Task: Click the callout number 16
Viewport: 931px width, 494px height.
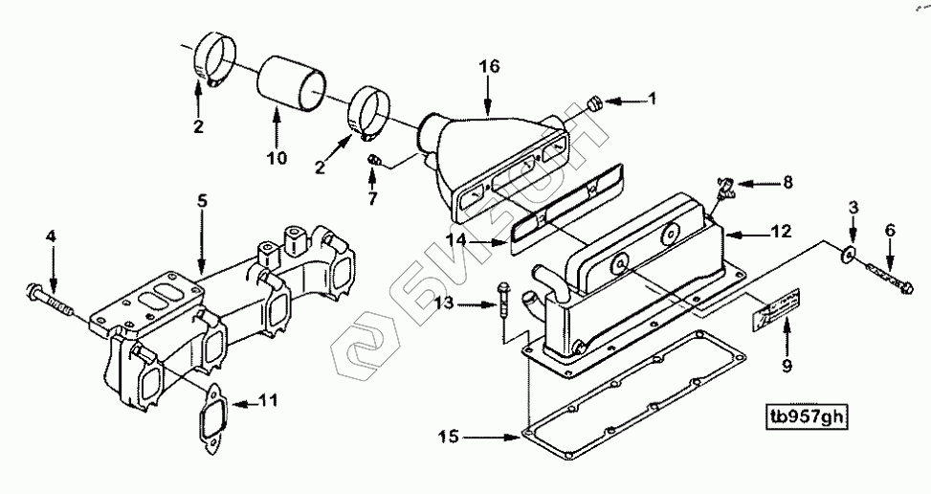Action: [489, 66]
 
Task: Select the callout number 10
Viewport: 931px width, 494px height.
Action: [277, 158]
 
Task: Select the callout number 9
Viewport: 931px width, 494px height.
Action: [787, 364]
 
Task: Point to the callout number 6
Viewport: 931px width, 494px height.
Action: [890, 230]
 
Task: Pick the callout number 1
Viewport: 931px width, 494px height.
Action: [654, 99]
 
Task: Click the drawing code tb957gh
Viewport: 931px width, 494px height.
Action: [808, 416]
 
